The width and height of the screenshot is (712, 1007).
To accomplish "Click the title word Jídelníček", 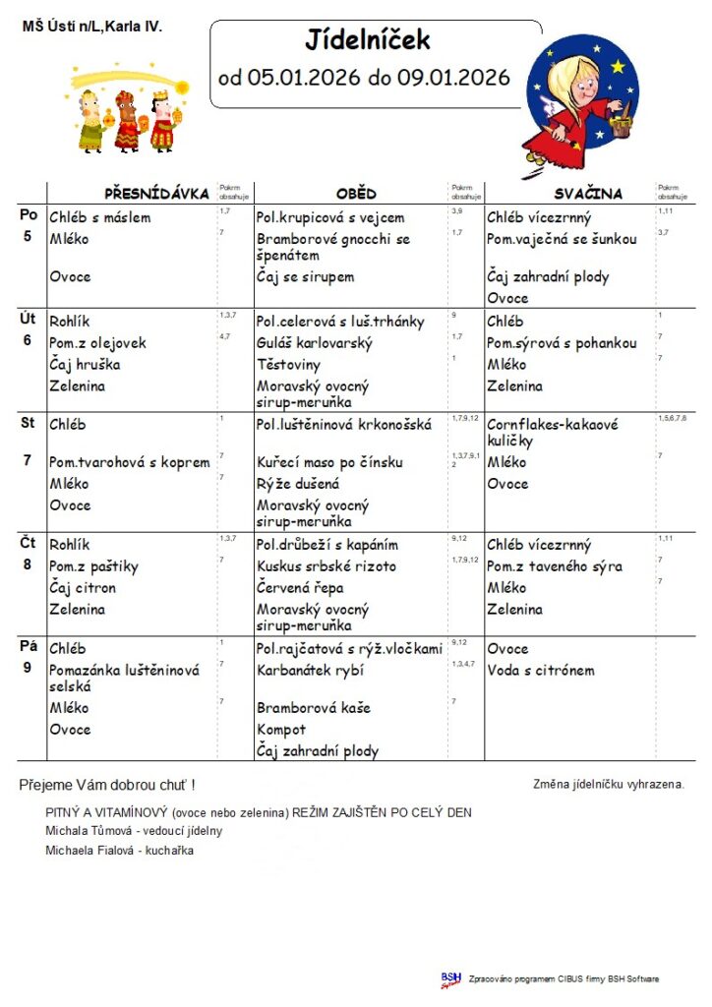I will (368, 41).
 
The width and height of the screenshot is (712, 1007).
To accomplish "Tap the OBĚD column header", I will (355, 194).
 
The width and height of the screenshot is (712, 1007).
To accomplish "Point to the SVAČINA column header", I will (588, 194).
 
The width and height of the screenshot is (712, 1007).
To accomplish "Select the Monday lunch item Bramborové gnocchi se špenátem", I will (332, 247).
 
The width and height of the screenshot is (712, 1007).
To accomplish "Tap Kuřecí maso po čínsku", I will (329, 462).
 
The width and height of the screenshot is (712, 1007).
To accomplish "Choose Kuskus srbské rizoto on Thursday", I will (326, 566).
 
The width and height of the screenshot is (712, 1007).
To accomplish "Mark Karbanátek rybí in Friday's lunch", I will (310, 671).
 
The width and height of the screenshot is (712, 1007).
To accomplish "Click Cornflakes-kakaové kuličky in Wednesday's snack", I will (552, 433).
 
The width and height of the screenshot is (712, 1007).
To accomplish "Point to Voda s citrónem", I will (541, 671).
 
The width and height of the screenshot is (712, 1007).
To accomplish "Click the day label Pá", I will (29, 647).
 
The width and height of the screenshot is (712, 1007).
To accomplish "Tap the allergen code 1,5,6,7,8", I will (672, 419).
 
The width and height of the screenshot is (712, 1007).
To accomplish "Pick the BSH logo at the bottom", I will (450, 978).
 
